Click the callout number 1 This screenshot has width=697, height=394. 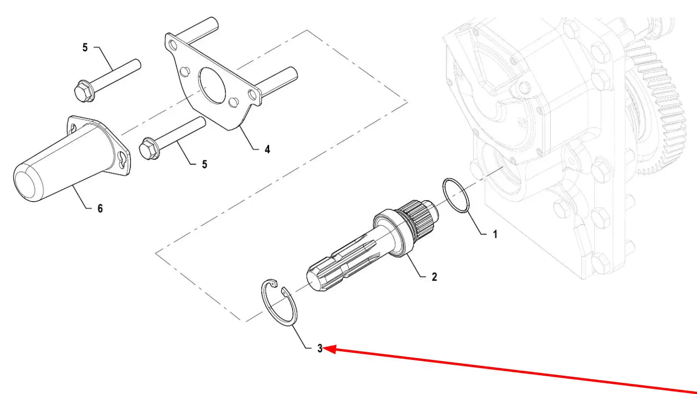[x=495, y=234]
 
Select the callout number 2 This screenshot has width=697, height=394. [x=435, y=277]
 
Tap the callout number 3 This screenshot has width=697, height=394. [x=320, y=348]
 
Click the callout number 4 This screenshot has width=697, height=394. [x=267, y=149]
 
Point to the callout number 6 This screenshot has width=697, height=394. [x=100, y=208]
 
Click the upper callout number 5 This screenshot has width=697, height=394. [x=85, y=48]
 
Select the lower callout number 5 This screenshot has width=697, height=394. [x=204, y=164]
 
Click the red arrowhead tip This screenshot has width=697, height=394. [x=324, y=348]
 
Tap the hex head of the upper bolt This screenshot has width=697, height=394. [x=84, y=91]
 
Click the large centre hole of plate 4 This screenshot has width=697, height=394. [x=213, y=85]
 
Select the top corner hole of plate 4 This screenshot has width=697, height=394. [x=173, y=46]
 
